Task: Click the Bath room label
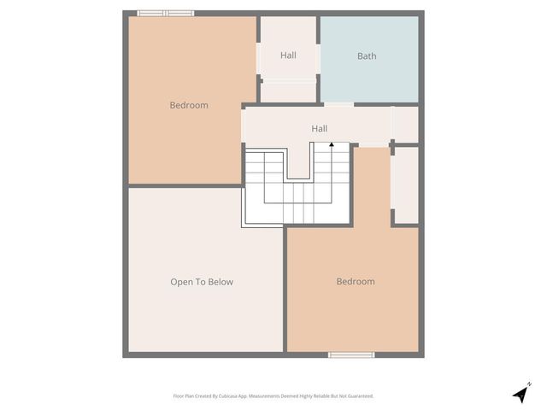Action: click(x=367, y=56)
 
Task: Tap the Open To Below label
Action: click(x=202, y=282)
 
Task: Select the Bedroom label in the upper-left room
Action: click(x=189, y=105)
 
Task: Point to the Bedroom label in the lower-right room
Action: click(x=356, y=282)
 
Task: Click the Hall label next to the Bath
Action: click(x=288, y=56)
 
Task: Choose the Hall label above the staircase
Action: click(x=319, y=129)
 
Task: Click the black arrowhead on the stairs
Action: click(x=332, y=145)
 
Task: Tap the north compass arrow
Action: click(x=520, y=395)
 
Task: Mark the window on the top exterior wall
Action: click(x=166, y=13)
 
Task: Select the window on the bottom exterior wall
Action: click(x=351, y=354)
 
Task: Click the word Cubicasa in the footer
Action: click(x=226, y=396)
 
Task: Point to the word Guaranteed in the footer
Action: click(x=359, y=396)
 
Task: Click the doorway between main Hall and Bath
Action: click(x=338, y=104)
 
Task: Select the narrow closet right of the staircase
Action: click(x=405, y=184)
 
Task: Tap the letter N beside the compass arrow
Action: click(x=529, y=384)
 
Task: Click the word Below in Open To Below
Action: click(x=219, y=282)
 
